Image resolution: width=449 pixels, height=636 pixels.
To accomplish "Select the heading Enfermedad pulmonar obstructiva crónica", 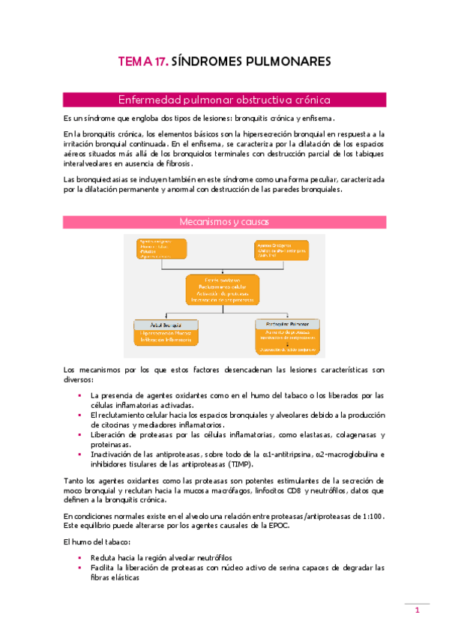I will (x=224, y=100).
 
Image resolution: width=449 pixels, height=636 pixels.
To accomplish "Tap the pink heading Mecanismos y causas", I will (x=224, y=221).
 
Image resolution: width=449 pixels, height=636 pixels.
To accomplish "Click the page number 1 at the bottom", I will (x=417, y=611).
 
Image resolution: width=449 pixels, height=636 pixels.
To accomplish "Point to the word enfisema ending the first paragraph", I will (x=317, y=118).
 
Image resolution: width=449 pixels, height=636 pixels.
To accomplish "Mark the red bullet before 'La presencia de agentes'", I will (x=79, y=395).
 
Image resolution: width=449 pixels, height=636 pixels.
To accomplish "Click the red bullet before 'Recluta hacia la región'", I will (x=79, y=558).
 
